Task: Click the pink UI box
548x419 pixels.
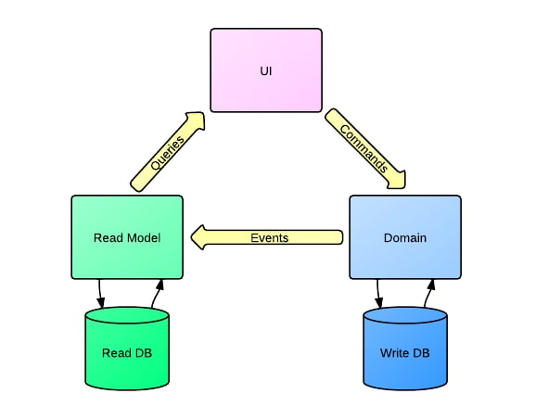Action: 266,70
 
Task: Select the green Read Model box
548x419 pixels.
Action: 127,237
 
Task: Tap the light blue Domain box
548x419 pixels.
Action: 405,237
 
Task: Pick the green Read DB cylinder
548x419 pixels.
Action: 127,349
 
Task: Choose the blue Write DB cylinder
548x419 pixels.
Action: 405,349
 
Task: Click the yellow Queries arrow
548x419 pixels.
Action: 168,152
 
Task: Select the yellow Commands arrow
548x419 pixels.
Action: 365,148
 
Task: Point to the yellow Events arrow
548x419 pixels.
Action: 267,237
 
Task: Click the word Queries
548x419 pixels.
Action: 168,153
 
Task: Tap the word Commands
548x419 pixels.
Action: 363,148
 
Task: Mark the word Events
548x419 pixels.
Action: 270,238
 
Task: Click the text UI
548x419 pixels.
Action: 266,71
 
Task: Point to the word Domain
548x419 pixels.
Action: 405,237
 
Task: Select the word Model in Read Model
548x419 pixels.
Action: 144,237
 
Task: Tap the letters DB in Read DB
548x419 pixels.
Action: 144,352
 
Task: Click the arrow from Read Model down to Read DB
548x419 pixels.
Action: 100,294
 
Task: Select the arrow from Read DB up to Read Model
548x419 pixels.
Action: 157,294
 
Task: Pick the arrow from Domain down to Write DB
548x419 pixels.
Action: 378,294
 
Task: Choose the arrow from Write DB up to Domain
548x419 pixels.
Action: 429,294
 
